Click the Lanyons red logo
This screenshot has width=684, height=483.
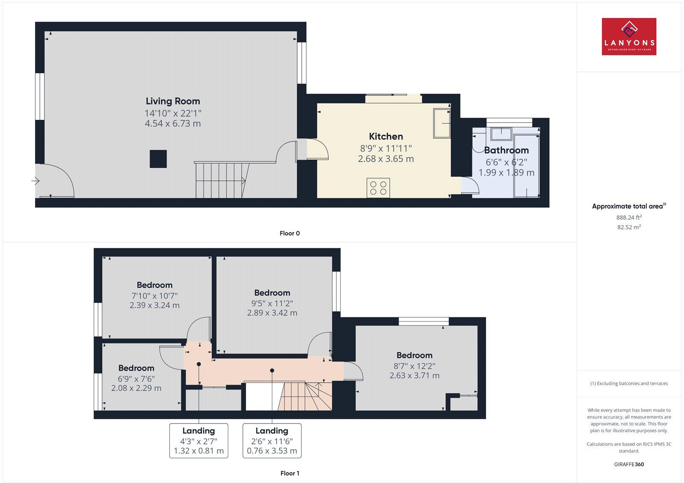click(629, 36)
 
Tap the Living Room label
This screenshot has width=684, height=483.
click(173, 101)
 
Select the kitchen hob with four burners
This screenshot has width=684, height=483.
click(378, 188)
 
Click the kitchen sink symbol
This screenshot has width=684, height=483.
click(442, 123)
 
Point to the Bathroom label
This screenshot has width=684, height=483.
click(506, 150)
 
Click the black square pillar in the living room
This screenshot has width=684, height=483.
click(158, 159)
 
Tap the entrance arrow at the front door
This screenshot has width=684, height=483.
click(35, 182)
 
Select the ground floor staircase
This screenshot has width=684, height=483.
click(221, 180)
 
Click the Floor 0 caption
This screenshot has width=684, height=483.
click(289, 233)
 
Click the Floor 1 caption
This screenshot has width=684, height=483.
click(289, 473)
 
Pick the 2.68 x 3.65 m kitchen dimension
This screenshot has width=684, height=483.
click(386, 159)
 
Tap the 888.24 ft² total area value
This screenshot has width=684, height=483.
click(629, 217)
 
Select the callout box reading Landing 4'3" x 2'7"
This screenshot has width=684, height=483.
click(199, 441)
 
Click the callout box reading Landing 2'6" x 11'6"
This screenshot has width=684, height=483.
click(272, 441)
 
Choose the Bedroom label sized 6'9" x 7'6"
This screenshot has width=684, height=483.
click(136, 368)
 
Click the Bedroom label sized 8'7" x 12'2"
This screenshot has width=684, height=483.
click(414, 355)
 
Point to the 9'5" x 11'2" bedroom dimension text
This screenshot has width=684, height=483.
click(272, 303)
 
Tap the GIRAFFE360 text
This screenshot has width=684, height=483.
click(629, 464)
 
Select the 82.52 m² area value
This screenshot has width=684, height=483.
click(629, 227)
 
